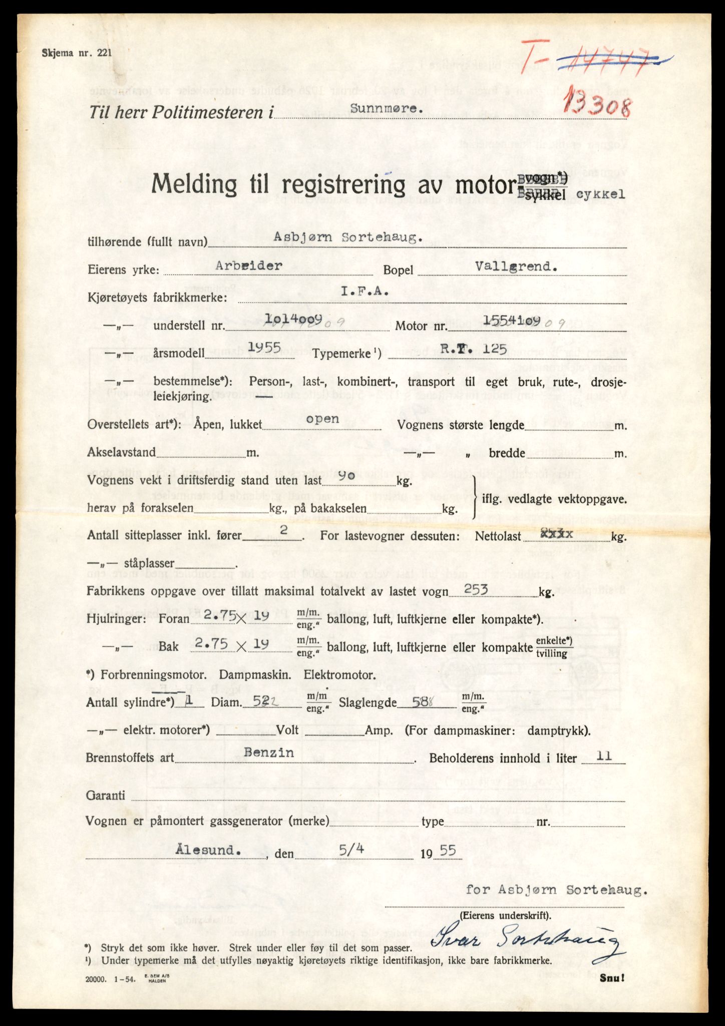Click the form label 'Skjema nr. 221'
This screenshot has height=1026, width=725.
[78, 52]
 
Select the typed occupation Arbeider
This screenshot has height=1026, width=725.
[249, 266]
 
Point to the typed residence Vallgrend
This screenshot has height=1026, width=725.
[517, 267]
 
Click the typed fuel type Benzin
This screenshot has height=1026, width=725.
[269, 753]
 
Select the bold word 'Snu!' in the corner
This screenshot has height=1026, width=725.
[612, 977]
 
